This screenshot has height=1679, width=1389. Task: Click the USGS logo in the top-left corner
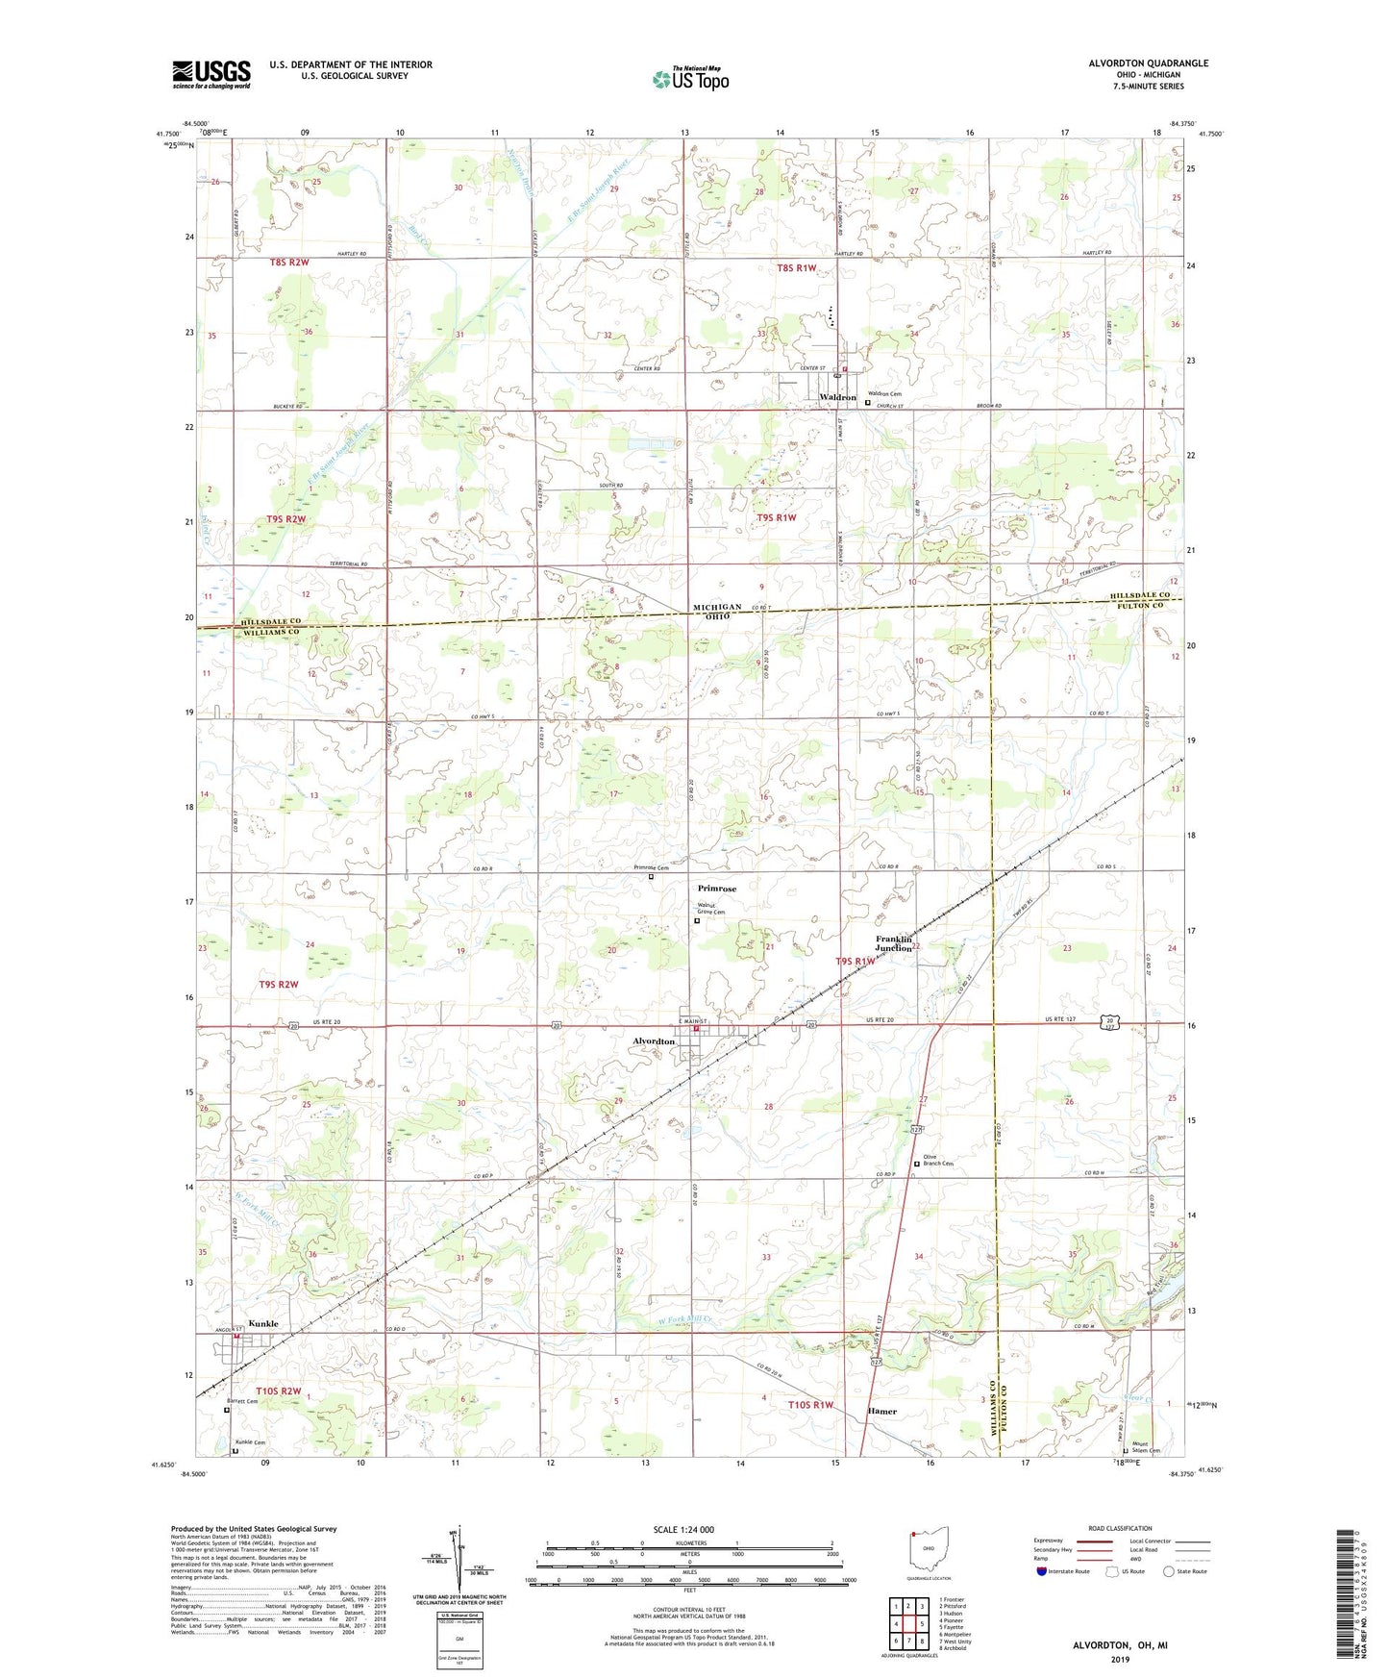(211, 74)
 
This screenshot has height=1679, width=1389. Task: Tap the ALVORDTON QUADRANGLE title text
(1148, 63)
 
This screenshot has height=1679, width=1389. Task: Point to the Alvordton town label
(654, 1041)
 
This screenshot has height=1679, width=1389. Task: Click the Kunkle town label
(262, 1324)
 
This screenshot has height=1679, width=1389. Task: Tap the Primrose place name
(716, 889)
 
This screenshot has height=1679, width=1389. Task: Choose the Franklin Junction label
(894, 943)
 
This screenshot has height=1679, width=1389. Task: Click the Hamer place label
(881, 1412)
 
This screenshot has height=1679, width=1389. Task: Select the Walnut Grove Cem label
(711, 909)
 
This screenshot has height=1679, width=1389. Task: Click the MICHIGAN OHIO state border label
(717, 612)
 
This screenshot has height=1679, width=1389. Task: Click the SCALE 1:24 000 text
(683, 1530)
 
